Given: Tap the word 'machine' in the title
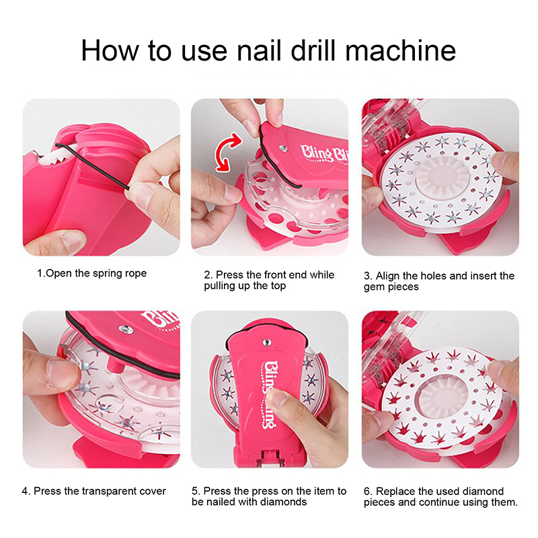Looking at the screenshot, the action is (400, 50).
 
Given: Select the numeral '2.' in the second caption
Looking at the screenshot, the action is (208, 275).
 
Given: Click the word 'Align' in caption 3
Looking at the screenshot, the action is (388, 276).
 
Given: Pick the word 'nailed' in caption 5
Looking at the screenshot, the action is (220, 502).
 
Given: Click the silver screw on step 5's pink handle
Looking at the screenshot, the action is (266, 342).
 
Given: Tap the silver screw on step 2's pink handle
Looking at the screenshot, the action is (283, 148).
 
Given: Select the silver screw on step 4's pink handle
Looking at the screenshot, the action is (126, 328).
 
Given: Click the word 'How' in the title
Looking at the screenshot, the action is (110, 50).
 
